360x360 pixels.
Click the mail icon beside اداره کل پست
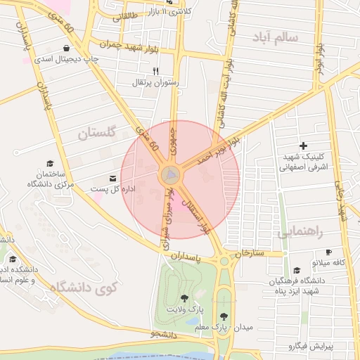pyautogui.click(x=113, y=179)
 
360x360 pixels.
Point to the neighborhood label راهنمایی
pyautogui.click(x=300, y=232)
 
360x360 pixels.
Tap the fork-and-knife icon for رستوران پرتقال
pyautogui.click(x=156, y=71)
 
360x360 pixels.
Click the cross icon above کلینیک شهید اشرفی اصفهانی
pyautogui.click(x=303, y=145)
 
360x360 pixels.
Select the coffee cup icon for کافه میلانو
pyautogui.click(x=328, y=252)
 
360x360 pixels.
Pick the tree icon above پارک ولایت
pyautogui.click(x=184, y=299)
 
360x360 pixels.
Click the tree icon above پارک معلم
pyautogui.click(x=224, y=317)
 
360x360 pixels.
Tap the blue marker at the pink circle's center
pyautogui.click(x=171, y=174)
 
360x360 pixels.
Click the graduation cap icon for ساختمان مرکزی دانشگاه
pyautogui.click(x=49, y=162)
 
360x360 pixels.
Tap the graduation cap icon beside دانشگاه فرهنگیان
pyautogui.click(x=297, y=271)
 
